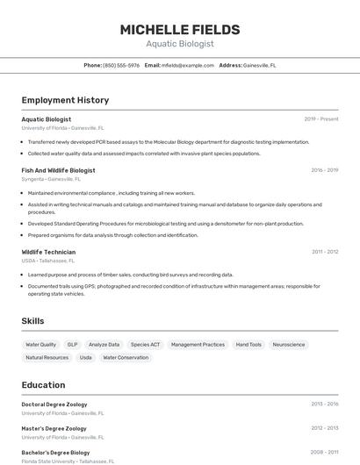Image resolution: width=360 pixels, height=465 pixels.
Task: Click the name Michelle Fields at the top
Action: [179, 29]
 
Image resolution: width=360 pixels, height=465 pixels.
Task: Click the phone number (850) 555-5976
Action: [121, 65]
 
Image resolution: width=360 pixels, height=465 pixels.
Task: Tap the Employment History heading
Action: [65, 100]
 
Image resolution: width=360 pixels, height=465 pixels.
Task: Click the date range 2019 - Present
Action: [321, 119]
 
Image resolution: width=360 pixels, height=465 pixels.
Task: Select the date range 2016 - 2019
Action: [324, 170]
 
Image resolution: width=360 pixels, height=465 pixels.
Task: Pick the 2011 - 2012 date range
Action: [325, 252]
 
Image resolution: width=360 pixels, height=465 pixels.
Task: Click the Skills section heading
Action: [33, 321]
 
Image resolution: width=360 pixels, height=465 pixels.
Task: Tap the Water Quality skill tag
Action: [40, 345]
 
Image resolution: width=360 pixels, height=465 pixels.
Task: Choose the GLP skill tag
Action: [73, 345]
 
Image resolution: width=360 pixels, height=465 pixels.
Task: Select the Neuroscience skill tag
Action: [289, 345]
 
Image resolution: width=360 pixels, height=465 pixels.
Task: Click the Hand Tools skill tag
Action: [248, 345]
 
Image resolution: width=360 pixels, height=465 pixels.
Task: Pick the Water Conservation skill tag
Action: [126, 358]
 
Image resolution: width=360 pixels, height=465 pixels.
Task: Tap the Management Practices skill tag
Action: [198, 345]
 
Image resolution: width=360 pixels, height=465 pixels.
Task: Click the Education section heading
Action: [43, 385]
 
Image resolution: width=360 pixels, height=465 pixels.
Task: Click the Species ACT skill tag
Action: [145, 345]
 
